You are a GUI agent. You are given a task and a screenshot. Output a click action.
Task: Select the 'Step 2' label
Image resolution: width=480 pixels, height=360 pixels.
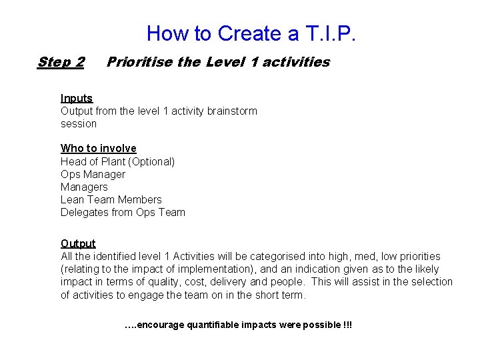click(61, 62)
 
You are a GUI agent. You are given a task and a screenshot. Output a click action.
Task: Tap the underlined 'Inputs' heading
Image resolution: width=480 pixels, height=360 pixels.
click(77, 98)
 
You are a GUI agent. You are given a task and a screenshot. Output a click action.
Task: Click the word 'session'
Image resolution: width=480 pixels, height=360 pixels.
click(79, 123)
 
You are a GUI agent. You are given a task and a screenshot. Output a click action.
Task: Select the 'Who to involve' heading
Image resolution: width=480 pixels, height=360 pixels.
click(99, 148)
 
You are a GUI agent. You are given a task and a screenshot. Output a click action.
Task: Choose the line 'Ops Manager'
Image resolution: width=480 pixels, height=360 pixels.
click(93, 174)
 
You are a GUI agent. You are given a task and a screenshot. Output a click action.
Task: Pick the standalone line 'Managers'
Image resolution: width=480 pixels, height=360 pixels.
click(84, 187)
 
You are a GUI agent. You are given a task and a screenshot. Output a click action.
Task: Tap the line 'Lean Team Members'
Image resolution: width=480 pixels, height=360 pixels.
click(111, 199)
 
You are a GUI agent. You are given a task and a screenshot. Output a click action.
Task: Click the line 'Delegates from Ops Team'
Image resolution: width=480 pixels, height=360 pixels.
click(123, 212)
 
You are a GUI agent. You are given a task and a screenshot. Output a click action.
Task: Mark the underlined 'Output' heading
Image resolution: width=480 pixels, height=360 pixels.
click(78, 243)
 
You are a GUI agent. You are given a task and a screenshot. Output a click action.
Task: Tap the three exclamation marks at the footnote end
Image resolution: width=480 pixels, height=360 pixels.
click(347, 325)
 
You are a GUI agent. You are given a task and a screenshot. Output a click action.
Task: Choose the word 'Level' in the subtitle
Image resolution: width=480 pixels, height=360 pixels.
click(226, 62)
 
